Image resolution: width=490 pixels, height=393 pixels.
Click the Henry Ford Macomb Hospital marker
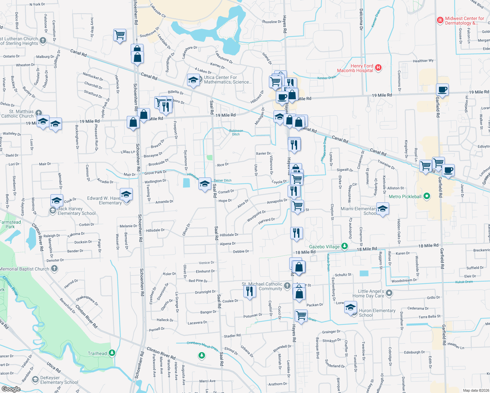click(378, 68)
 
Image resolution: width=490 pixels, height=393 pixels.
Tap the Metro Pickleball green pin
click(426, 196)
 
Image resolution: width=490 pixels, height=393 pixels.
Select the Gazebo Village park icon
click(344, 246)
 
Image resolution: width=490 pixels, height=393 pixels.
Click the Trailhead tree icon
click(112, 353)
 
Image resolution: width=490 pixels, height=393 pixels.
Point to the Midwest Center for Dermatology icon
click(440, 20)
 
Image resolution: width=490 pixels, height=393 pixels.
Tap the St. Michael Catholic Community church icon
click(287, 286)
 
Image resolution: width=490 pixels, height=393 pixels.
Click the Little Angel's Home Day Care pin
click(389, 293)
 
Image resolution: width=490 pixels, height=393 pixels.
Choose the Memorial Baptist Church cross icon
click(54, 269)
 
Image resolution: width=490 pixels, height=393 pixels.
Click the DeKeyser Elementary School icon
click(35, 380)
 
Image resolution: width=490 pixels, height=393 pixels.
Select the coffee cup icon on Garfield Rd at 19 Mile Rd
click(442, 89)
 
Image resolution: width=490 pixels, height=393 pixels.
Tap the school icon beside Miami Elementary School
click(383, 208)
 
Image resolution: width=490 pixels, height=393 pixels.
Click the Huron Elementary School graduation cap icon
click(350, 308)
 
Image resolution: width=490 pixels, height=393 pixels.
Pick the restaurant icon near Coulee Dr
click(250, 290)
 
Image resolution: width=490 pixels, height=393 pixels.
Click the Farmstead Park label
click(10, 224)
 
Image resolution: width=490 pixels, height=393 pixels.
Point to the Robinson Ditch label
click(236, 132)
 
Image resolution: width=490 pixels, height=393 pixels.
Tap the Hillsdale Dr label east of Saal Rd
click(229, 235)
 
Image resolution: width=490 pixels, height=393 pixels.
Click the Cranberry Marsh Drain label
click(202, 345)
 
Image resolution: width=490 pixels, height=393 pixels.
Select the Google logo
click(11, 389)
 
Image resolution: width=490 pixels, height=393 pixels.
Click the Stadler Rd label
click(232, 336)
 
